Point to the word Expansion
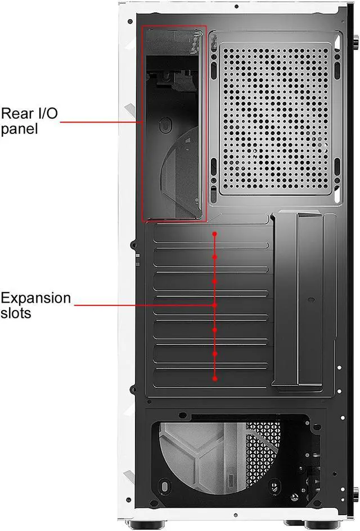coord(36,298)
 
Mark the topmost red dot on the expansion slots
coord(215,232)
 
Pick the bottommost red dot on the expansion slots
coord(215,379)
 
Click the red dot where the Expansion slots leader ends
coord(215,305)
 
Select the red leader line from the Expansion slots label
coord(143,305)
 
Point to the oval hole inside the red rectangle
coord(164,125)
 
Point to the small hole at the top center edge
coord(237,7)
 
